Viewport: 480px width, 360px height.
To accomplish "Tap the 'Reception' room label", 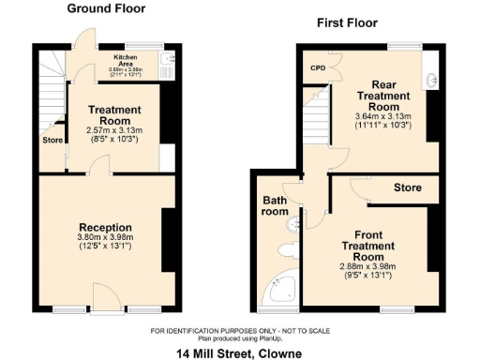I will coord(105,227).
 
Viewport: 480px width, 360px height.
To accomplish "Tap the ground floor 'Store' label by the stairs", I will coord(52,141).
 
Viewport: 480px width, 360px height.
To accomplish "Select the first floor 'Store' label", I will coord(407,187).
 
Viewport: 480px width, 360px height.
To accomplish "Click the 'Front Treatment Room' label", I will coord(381,245).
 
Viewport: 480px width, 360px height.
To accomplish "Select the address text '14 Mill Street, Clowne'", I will coord(240,352).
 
